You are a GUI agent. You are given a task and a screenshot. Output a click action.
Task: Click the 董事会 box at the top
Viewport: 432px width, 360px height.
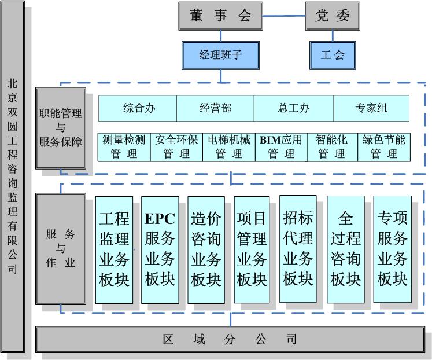[x=221, y=16]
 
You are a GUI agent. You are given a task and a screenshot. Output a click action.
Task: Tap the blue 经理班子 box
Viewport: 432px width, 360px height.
[x=220, y=55]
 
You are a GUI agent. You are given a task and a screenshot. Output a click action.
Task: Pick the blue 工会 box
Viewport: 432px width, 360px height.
[x=333, y=55]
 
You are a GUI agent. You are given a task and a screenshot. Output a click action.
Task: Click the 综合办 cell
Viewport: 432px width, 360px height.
[x=138, y=108]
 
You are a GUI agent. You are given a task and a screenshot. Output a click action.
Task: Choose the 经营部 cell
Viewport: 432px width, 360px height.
[x=215, y=108]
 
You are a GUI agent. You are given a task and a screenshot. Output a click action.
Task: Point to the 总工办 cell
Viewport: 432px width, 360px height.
[x=294, y=108]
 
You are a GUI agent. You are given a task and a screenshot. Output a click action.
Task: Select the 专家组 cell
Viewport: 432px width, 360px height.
[x=371, y=108]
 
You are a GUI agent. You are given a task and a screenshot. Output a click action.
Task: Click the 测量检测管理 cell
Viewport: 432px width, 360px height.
[x=124, y=146]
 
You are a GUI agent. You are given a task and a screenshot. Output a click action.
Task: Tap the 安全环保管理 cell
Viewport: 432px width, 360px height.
[x=176, y=146]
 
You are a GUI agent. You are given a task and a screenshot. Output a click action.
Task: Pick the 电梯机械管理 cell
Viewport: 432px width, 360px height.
[x=229, y=146]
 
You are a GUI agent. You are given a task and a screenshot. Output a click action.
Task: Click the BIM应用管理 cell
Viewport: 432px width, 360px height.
[x=281, y=146]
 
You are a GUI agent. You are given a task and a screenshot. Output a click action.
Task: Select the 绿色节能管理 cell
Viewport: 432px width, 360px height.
[x=384, y=146]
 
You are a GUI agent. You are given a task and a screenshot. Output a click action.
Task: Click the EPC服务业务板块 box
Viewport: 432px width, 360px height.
[x=160, y=249]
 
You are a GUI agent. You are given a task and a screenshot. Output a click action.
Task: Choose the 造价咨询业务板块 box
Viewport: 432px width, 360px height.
[x=206, y=249]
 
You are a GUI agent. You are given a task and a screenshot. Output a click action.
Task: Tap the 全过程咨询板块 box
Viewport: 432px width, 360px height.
[x=346, y=249]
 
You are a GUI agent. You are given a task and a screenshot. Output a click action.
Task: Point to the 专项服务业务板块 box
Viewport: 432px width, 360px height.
[x=393, y=249]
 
